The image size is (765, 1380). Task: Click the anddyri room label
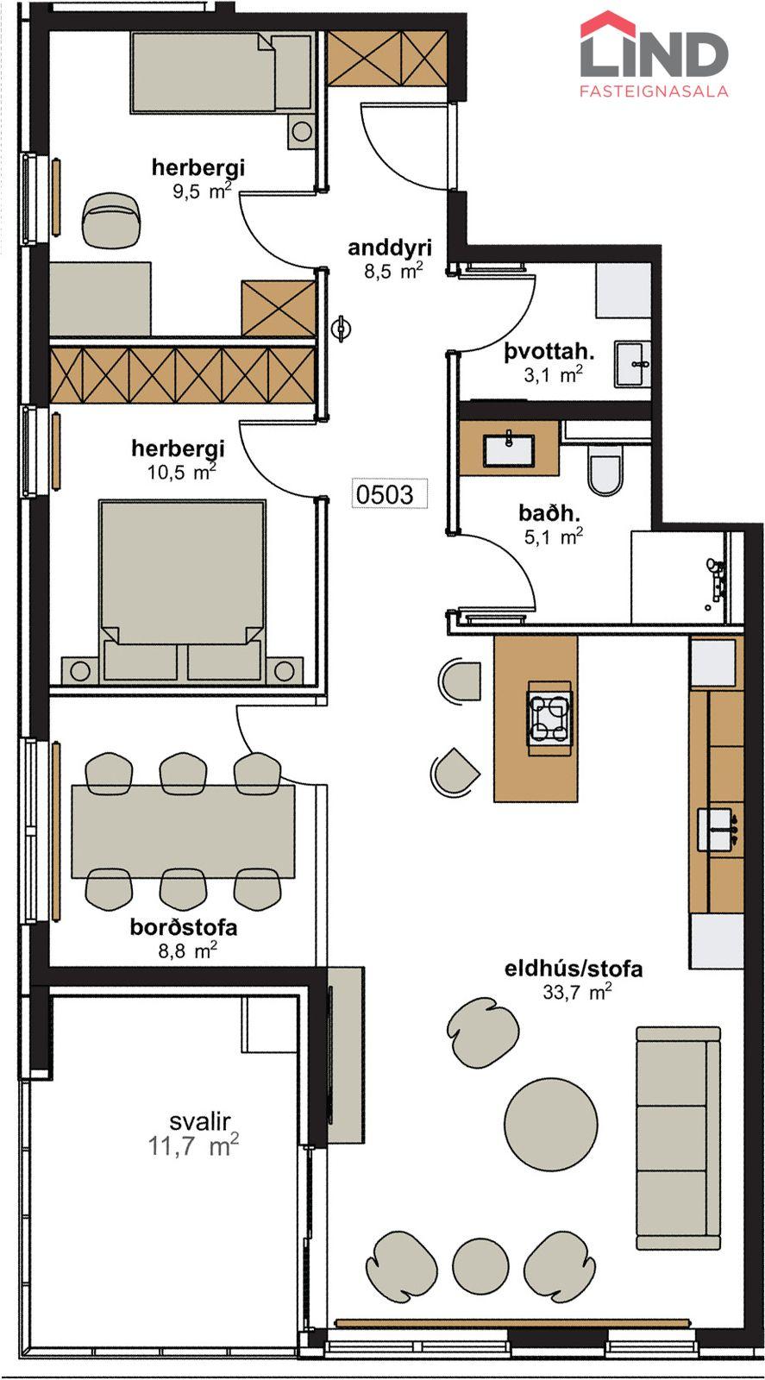390,248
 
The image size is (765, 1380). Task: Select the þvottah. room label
549,353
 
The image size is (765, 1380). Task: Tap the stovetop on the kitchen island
549,718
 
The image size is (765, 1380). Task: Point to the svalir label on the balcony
200,1122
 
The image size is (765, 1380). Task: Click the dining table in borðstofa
184,831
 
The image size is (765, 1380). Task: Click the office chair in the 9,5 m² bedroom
113,219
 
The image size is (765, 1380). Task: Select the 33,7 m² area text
577,993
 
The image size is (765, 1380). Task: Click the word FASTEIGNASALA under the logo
654,91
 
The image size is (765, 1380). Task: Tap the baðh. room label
549,512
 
